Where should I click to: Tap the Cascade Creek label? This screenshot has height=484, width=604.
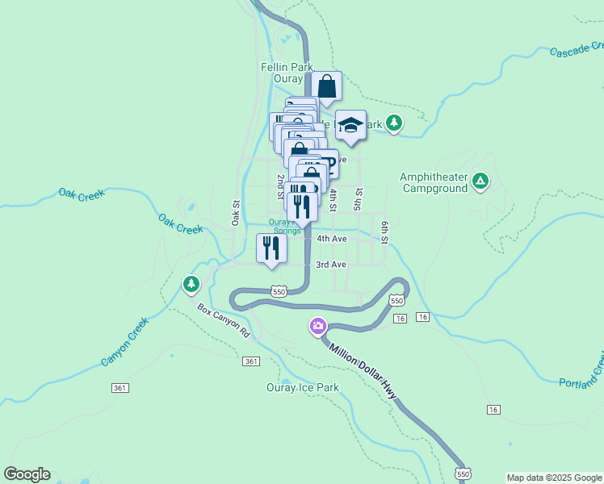pyautogui.click(x=576, y=51)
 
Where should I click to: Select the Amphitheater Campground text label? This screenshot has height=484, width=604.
pyautogui.click(x=434, y=182)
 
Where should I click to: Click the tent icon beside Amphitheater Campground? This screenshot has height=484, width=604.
pyautogui.click(x=480, y=180)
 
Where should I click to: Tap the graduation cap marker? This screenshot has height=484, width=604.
pyautogui.click(x=350, y=125)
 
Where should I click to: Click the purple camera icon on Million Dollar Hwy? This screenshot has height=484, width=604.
pyautogui.click(x=317, y=326)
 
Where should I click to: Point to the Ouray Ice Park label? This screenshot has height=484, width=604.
pyautogui.click(x=302, y=387)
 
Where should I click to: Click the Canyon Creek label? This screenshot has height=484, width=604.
pyautogui.click(x=125, y=342)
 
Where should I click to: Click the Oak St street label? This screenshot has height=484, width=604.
pyautogui.click(x=237, y=213)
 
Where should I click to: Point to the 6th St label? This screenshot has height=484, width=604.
pyautogui.click(x=385, y=232)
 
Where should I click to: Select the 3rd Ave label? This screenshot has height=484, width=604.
pyautogui.click(x=331, y=265)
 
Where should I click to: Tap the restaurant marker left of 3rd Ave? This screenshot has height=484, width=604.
pyautogui.click(x=271, y=248)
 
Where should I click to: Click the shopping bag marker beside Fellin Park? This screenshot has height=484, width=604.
pyautogui.click(x=327, y=86)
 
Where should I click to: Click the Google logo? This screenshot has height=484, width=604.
pyautogui.click(x=27, y=474)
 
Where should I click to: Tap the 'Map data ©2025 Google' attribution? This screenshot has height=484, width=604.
pyautogui.click(x=554, y=478)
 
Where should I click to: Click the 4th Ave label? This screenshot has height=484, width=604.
pyautogui.click(x=331, y=239)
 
